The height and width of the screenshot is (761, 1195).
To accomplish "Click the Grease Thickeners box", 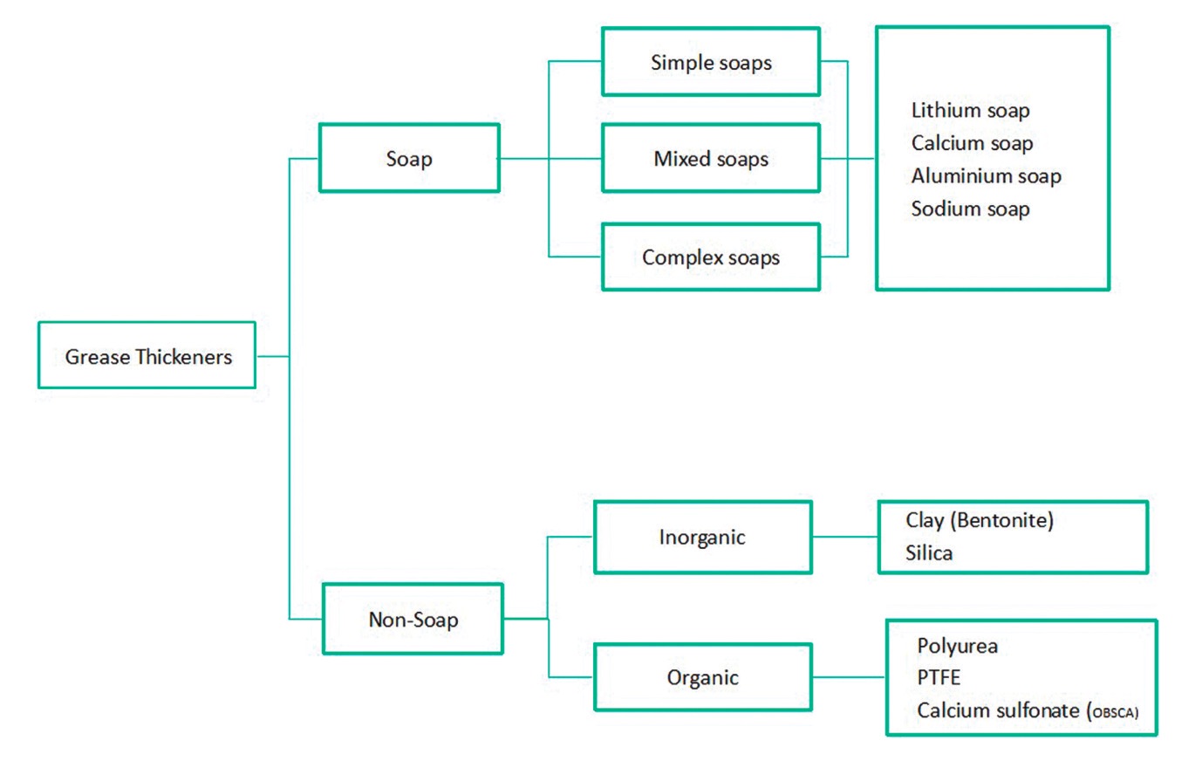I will [x=147, y=355].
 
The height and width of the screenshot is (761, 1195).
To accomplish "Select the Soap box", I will [x=408, y=159].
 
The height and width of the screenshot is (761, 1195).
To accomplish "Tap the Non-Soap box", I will [x=413, y=620].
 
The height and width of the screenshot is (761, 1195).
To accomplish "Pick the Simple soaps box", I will [x=711, y=62].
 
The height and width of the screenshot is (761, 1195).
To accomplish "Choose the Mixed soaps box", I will [x=711, y=159].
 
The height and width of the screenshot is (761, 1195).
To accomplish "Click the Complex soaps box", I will [x=711, y=257].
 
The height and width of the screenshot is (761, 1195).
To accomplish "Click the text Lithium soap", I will [x=970, y=111].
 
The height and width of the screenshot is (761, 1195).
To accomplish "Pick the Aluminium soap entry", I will [x=986, y=175].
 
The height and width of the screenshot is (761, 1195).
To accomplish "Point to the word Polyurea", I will [x=958, y=647].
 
